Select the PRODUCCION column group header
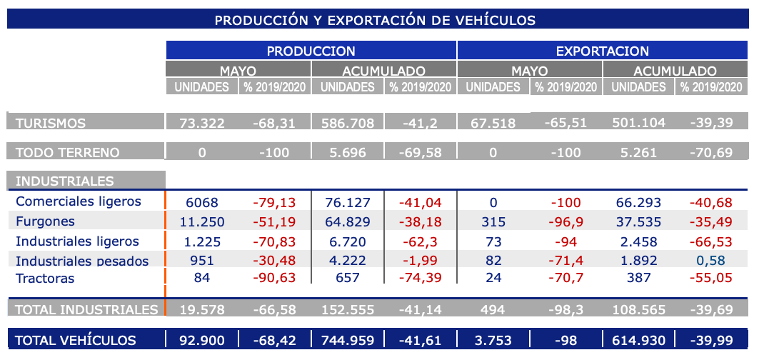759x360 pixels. click(311, 51)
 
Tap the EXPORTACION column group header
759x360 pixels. click(602, 51)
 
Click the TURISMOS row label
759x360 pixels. click(51, 123)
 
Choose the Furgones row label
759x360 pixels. click(45, 221)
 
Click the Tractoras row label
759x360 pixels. click(45, 279)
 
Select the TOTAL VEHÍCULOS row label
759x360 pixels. click(76, 341)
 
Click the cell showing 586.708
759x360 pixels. click(347, 123)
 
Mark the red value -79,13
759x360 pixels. click(275, 202)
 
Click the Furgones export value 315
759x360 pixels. click(493, 221)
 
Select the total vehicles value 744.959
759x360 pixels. click(347, 341)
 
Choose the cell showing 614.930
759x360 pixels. click(638, 341)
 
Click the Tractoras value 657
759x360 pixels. click(347, 279)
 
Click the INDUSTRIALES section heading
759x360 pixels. click(64, 181)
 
